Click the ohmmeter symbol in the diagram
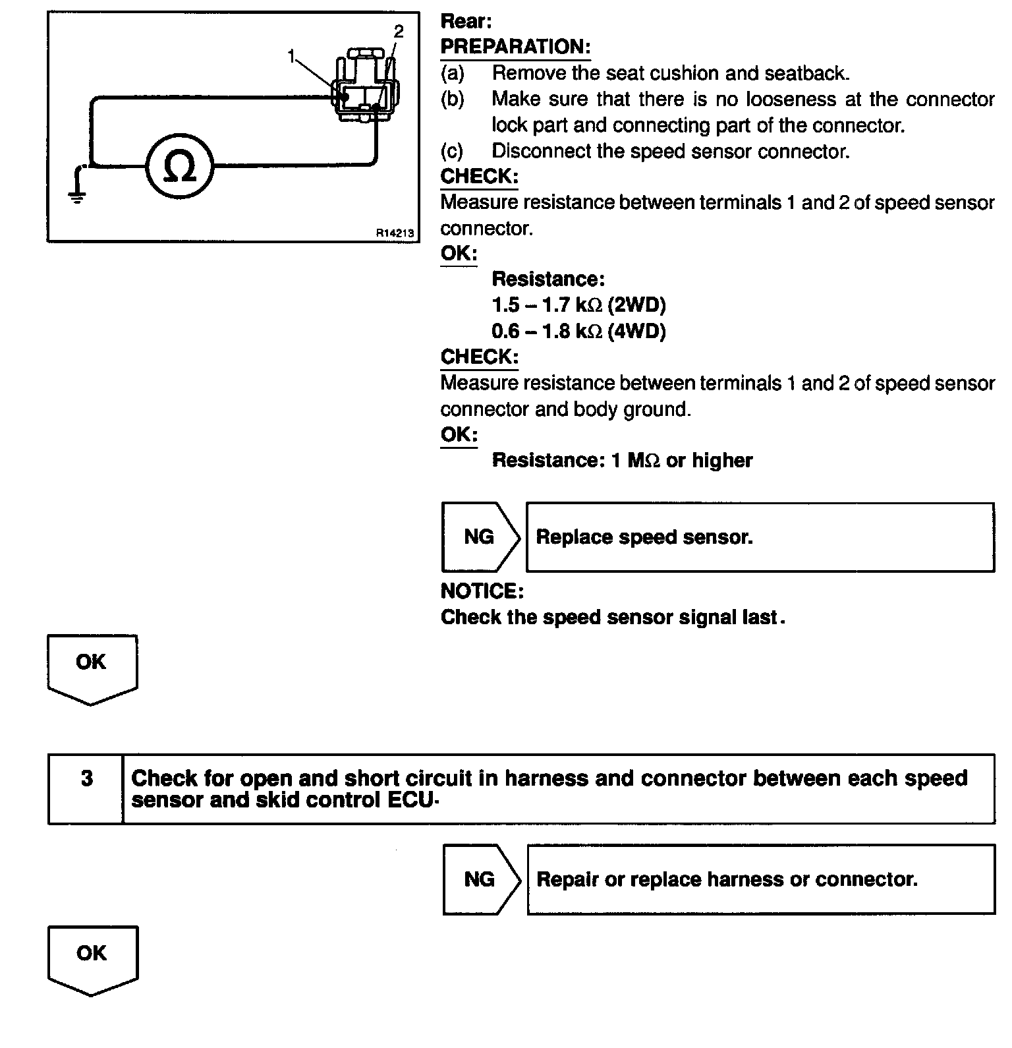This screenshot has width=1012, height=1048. click(179, 167)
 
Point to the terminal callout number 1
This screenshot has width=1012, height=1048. click(291, 57)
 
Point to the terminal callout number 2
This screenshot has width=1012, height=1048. click(398, 31)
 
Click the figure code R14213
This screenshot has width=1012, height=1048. click(395, 233)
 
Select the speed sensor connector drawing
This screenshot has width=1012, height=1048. click(364, 86)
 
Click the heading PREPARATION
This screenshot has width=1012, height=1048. click(515, 47)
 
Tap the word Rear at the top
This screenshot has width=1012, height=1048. click(465, 21)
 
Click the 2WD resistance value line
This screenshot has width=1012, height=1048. click(578, 305)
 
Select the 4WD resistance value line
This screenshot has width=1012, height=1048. click(578, 331)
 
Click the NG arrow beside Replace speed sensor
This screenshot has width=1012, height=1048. click(480, 537)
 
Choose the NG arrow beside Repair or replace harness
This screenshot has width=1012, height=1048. click(481, 879)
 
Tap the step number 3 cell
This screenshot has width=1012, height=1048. click(86, 779)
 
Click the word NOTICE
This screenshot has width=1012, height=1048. click(482, 591)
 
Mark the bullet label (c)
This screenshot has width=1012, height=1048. click(452, 151)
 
